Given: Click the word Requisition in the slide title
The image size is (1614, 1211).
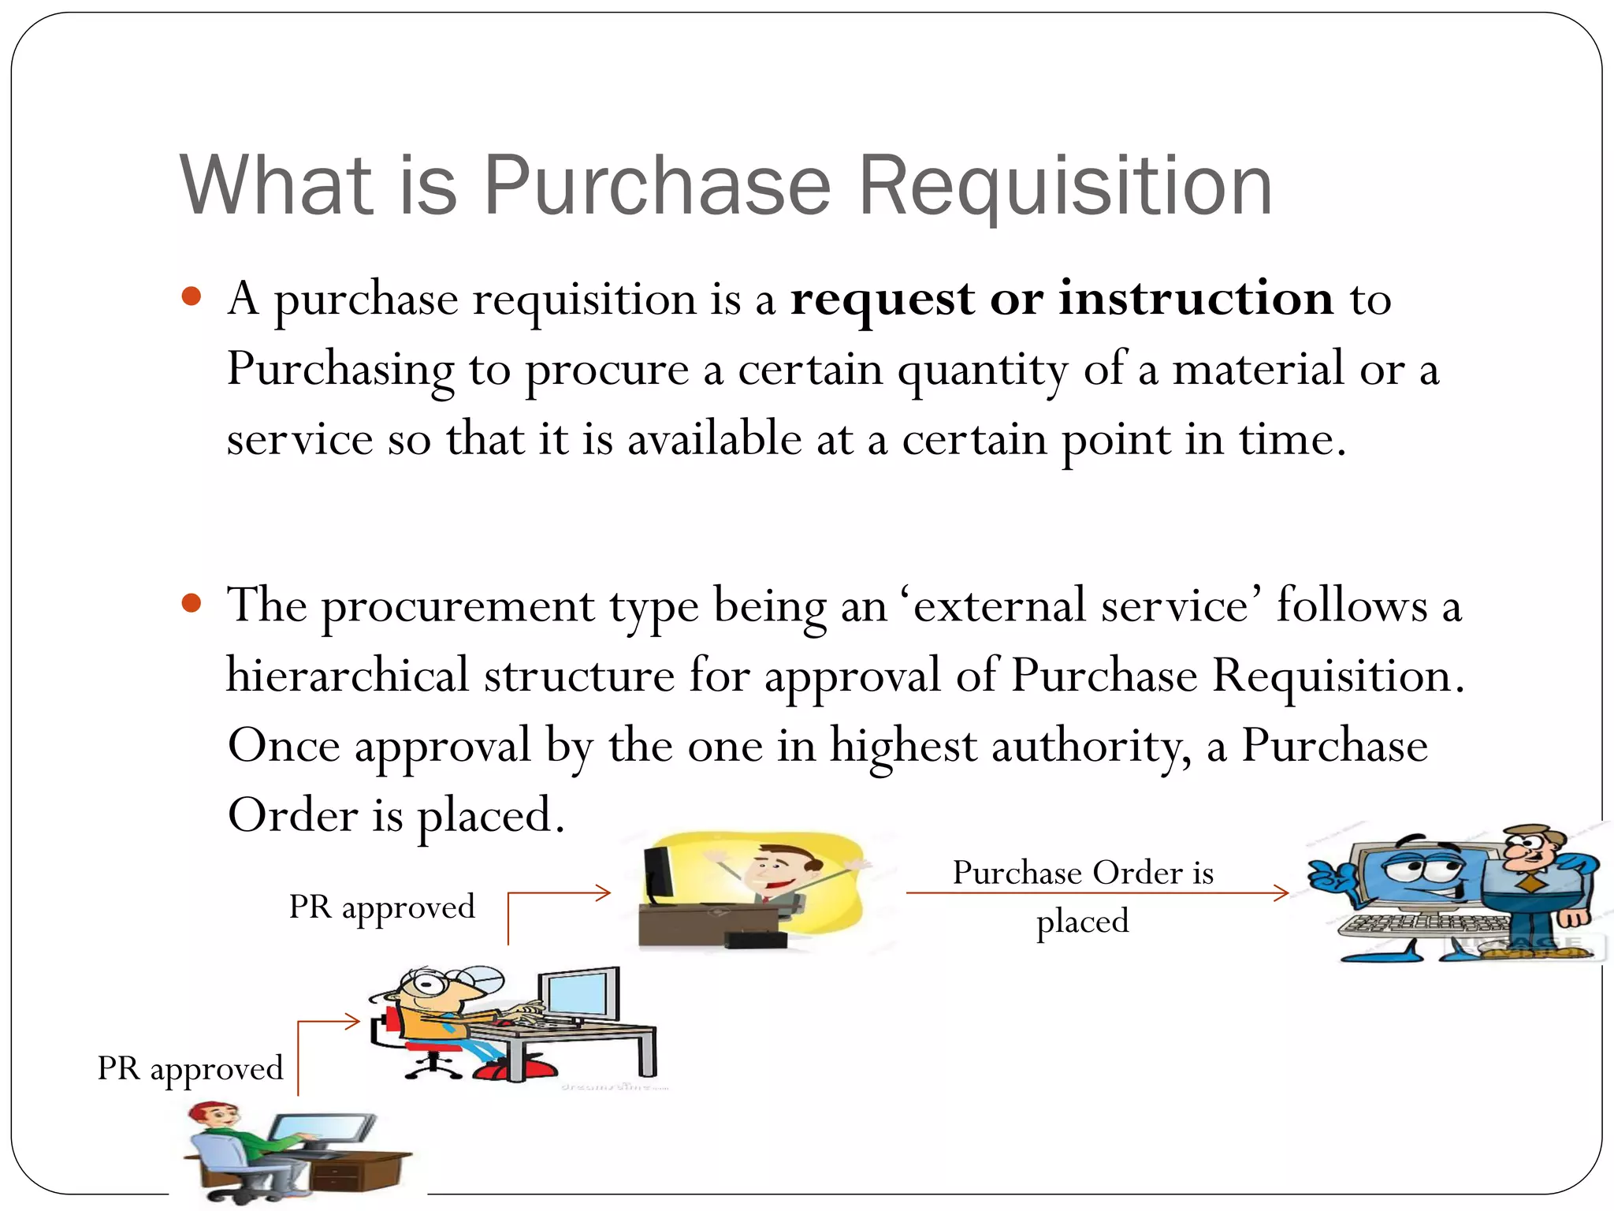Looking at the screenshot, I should click(1065, 187).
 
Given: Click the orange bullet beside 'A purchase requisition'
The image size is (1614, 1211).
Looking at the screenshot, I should click(192, 297).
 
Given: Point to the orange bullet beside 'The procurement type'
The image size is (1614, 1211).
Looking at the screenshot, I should click(192, 604).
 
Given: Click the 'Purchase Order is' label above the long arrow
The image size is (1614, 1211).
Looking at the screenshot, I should click(1083, 872).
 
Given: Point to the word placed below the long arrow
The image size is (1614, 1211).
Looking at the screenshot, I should click(1082, 921).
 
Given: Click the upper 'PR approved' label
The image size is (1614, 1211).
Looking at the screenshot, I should click(381, 907).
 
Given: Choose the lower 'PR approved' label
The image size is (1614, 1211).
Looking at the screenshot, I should click(190, 1068).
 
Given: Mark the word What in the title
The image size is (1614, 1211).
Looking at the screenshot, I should click(275, 185).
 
